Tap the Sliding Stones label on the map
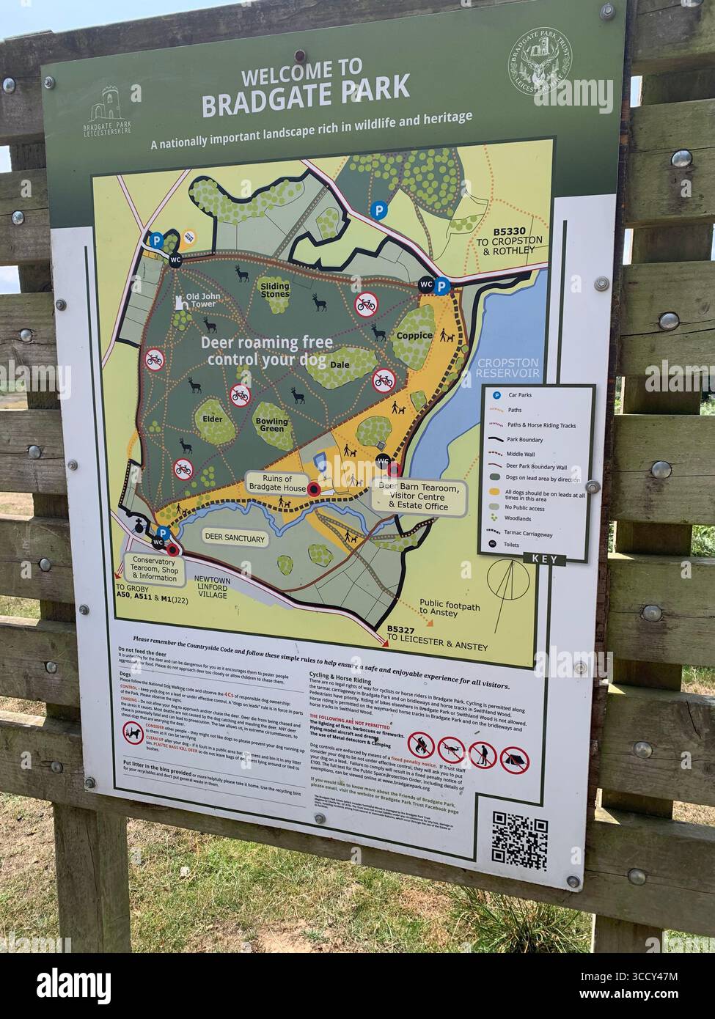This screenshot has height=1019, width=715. click(x=275, y=290)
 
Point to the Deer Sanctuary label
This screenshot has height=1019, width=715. click(x=234, y=539)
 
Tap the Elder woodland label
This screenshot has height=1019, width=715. click(x=212, y=420)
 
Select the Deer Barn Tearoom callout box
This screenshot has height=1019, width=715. click(x=419, y=497)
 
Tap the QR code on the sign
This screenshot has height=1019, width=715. click(x=519, y=838)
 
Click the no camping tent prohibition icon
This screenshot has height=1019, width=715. click(x=514, y=760)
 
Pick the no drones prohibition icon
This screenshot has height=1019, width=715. click(x=452, y=749)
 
